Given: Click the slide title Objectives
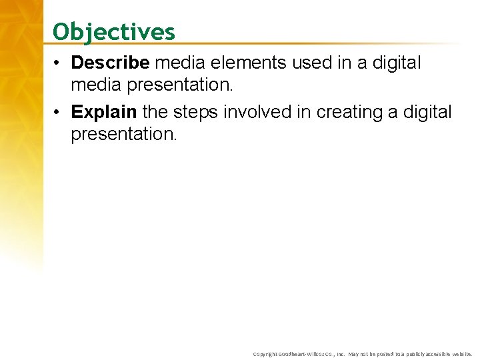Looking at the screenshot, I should coord(114,31).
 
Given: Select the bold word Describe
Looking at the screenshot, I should coord(111,63).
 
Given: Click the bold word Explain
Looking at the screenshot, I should coord(105,112).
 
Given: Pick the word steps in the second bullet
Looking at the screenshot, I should coord(193,112).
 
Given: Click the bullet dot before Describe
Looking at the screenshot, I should coord(60,63).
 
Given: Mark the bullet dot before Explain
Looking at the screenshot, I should coord(60,113).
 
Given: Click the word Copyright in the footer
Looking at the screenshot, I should coord(265,354).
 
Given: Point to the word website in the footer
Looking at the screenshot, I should coord(463,354).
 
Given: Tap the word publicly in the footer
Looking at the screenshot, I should coord(414,354).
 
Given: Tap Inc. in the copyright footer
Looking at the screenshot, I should coord(340,354).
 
